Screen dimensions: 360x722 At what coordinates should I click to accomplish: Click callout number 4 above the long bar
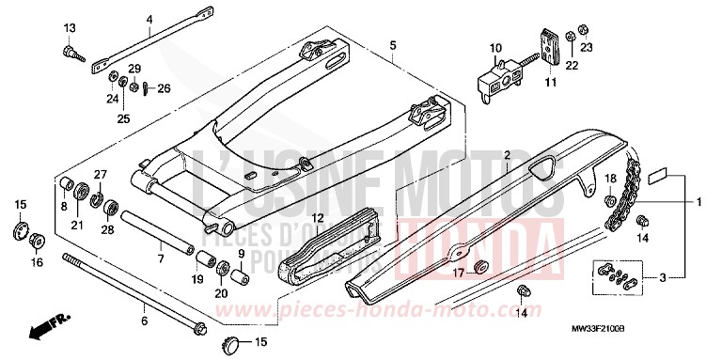click(149, 19)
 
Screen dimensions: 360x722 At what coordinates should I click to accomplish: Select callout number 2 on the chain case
click(506, 154)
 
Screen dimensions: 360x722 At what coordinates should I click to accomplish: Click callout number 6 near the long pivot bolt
click(144, 321)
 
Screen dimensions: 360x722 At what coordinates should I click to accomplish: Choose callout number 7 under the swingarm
click(161, 258)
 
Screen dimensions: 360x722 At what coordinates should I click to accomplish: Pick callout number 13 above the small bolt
click(69, 27)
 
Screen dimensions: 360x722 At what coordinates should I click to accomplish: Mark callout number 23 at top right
click(586, 47)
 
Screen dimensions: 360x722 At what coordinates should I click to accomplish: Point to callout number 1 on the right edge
click(698, 201)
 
